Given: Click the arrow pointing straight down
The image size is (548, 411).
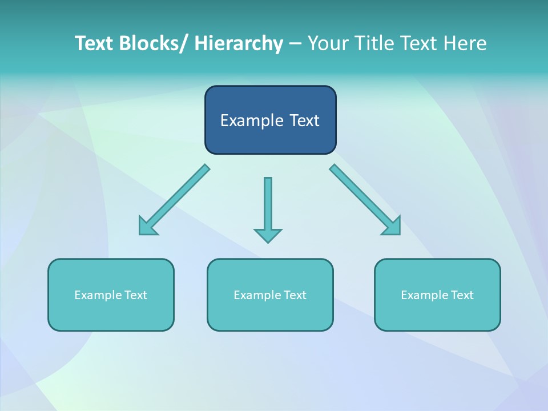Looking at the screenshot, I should (x=268, y=205).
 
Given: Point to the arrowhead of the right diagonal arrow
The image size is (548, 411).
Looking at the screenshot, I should (x=393, y=227).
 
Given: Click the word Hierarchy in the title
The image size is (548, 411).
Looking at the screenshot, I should (x=238, y=44).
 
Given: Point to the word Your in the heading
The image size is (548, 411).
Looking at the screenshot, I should (x=328, y=44).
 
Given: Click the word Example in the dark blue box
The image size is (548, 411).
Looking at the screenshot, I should (x=252, y=121).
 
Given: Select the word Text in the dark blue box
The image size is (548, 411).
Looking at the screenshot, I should (x=304, y=121).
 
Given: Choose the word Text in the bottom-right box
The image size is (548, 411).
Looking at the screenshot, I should (x=462, y=295).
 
